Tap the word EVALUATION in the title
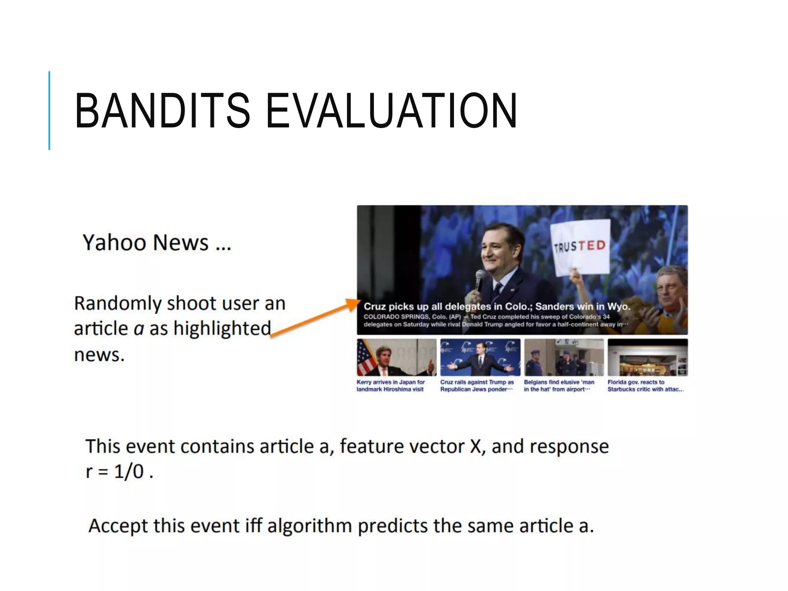(391, 111)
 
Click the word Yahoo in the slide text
(114, 243)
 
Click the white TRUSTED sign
(580, 246)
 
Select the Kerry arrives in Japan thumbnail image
(396, 357)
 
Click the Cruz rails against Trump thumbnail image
(480, 357)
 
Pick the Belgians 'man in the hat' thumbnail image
(564, 357)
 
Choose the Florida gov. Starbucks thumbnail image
(648, 357)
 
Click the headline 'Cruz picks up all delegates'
(497, 307)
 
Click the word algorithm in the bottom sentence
(309, 526)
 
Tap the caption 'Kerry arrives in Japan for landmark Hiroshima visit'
(390, 386)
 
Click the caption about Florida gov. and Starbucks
(645, 386)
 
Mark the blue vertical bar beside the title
(49, 110)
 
